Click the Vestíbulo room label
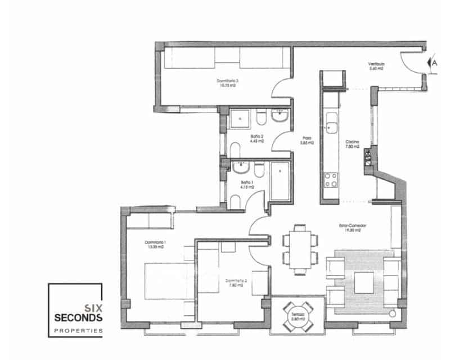coord(376,66)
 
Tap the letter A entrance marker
coord(434,64)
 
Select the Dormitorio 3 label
coord(228,83)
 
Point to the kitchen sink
coord(332,120)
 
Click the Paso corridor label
coord(307,141)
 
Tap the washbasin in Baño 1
coord(242,167)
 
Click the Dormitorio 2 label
coord(234,282)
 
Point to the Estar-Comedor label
coord(353,228)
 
